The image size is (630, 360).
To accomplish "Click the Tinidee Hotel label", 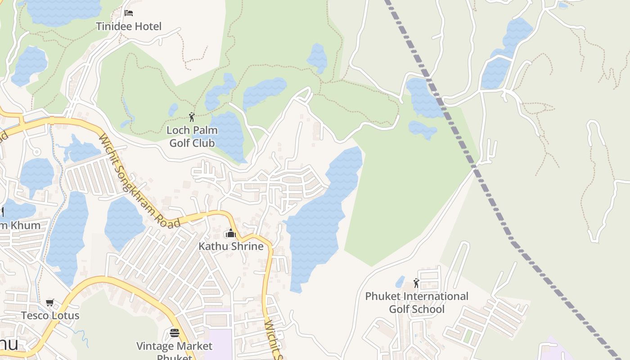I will [x=129, y=27].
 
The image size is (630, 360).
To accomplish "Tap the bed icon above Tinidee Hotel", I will [x=129, y=13].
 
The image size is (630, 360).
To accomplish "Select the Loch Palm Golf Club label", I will [x=192, y=137].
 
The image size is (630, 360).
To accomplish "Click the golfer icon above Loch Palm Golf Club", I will [x=192, y=117].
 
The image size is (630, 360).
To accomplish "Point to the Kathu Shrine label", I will [x=231, y=247].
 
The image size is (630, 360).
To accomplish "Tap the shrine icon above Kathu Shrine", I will [x=231, y=234].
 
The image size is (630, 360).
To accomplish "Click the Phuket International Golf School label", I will [x=417, y=303].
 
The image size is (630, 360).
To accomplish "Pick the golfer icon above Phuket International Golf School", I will [x=416, y=283].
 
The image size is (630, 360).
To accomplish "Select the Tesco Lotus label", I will [x=50, y=315].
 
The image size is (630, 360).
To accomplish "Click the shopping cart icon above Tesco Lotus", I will [x=50, y=302].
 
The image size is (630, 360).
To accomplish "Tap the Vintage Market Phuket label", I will [x=175, y=350].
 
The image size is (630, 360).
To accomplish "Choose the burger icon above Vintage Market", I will [x=175, y=333].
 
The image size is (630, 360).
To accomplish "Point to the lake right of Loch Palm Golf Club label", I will [x=227, y=135].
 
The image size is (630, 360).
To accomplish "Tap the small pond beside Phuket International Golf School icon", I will [x=400, y=282].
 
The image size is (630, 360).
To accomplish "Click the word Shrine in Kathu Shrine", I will [x=246, y=247].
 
